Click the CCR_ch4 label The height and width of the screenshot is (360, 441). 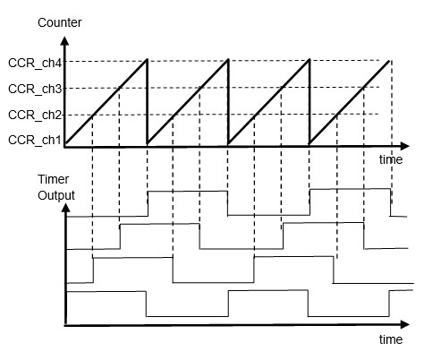tap(35, 64)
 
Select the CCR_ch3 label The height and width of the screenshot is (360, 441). tap(35, 89)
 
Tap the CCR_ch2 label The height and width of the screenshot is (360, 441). tap(35, 115)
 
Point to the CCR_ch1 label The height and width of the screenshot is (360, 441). tap(35, 140)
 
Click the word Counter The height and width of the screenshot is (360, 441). tap(60, 22)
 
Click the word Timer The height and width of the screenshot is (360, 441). tap(54, 179)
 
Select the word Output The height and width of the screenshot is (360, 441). tap(56, 196)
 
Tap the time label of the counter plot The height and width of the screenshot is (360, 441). tap(391, 159)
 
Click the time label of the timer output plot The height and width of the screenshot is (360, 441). tap(391, 339)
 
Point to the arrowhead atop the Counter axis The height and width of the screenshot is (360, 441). tap(64, 40)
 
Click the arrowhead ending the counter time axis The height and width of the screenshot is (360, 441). tap(404, 146)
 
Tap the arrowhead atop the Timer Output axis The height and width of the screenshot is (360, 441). tap(65, 208)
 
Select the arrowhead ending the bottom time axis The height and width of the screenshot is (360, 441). tap(404, 324)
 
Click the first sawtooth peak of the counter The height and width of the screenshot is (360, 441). tap(147, 60)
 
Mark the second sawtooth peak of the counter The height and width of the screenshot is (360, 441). tap(228, 60)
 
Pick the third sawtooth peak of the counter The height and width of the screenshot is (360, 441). tap(310, 60)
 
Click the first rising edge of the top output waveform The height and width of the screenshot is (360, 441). tap(148, 203)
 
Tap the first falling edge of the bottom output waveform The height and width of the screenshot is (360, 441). tap(146, 304)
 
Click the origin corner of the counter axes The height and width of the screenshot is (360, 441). tap(65, 147)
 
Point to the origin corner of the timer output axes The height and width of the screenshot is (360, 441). tap(65, 325)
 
